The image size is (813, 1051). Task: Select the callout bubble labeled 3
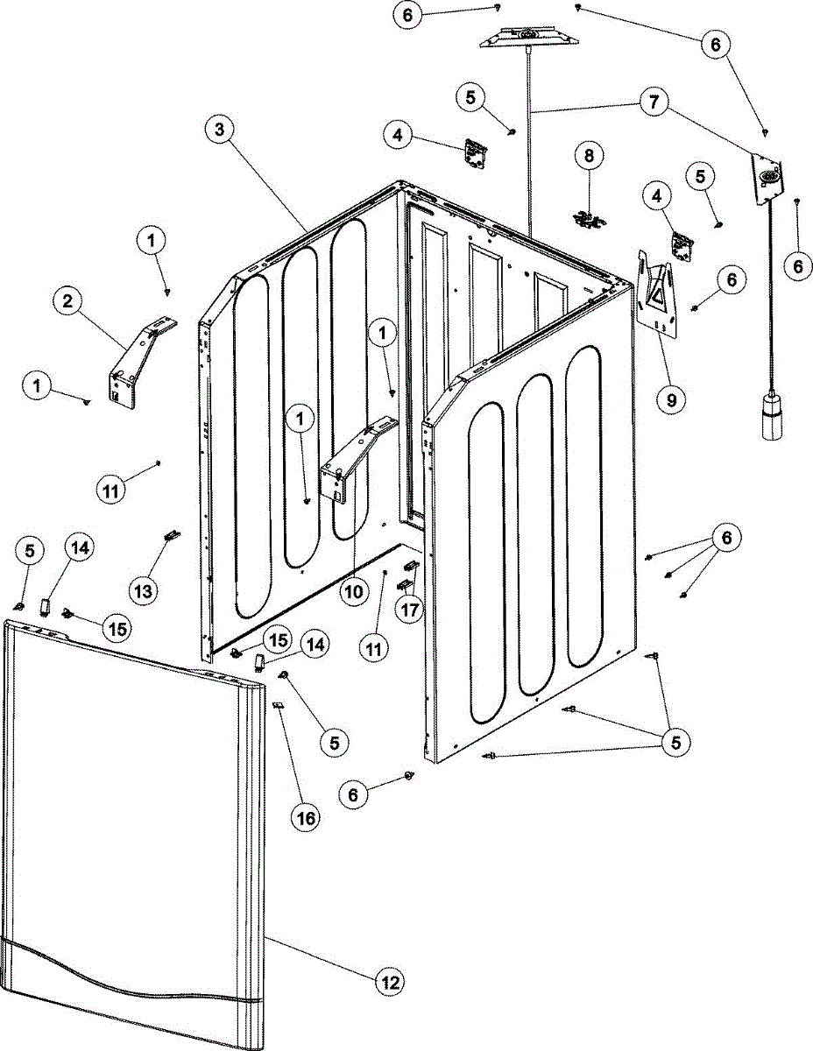coord(220,130)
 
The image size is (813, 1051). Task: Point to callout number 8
coord(589,157)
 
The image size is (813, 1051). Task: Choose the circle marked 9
coord(671,401)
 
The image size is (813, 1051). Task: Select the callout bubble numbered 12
coord(391,982)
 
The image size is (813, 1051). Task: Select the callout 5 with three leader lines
coord(675,743)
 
